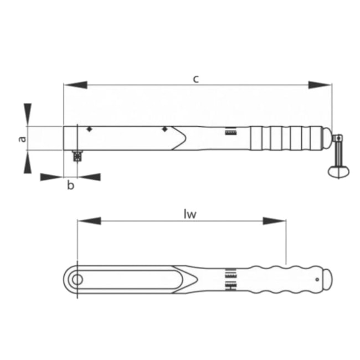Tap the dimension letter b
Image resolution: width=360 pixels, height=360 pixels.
pos(70,185)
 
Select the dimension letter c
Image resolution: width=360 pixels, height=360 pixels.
pos(196,78)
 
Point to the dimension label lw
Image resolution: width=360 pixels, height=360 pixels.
pos(190,214)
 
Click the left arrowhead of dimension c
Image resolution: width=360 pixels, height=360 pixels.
pos(75,85)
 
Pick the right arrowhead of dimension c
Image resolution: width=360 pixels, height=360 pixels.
pos(320,85)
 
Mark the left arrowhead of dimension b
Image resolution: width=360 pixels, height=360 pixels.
pos(52,177)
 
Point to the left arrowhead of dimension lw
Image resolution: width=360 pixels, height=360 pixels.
pos(89,221)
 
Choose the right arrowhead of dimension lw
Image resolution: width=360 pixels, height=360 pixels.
pos(275,221)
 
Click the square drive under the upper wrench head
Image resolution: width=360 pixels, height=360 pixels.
pos(76,156)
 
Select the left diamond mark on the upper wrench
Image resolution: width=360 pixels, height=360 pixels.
pos(89,130)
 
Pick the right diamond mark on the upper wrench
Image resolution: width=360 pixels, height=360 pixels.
pos(164,130)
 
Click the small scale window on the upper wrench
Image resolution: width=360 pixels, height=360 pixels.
pos(230,132)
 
